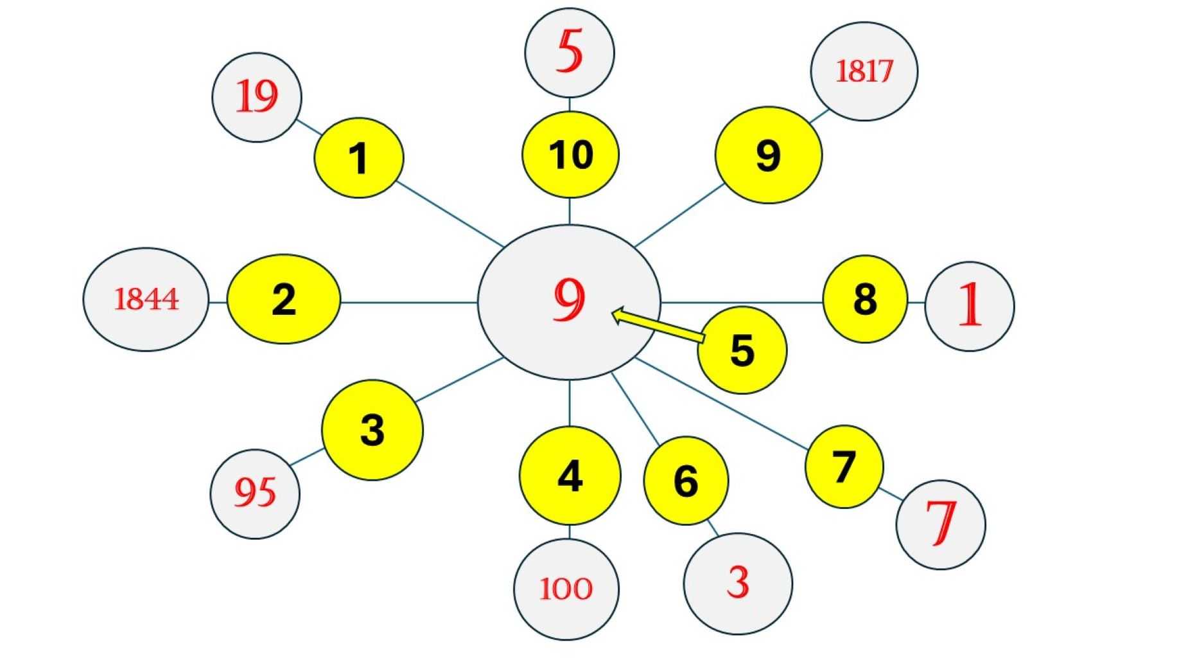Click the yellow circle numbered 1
(359, 158)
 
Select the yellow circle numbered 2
(284, 299)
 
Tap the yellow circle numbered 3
(372, 429)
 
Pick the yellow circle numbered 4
(570, 476)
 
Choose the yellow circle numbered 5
(742, 350)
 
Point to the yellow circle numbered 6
(686, 481)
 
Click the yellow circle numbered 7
(844, 467)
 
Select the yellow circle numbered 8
(865, 299)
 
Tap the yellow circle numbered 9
(768, 155)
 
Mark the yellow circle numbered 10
(570, 155)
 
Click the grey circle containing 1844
(146, 299)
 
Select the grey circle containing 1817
(864, 71)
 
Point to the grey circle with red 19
(257, 97)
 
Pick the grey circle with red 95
(255, 494)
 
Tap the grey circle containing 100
(566, 589)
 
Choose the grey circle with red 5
(570, 53)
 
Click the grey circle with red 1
(969, 306)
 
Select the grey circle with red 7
(940, 524)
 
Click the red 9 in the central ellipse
(569, 299)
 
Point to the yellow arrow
(658, 326)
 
